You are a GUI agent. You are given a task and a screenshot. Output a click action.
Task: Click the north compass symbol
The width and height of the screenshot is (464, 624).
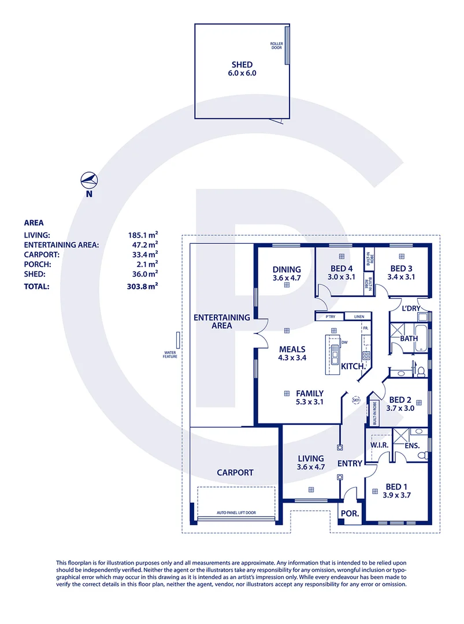pyautogui.click(x=89, y=181)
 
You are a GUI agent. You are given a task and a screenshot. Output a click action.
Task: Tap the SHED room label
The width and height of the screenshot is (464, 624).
pyautogui.click(x=242, y=65)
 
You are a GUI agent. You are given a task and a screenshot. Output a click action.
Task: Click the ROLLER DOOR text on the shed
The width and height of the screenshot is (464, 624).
pyautogui.click(x=276, y=46)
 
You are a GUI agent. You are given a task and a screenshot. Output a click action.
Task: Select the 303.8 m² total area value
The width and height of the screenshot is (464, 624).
pyautogui.click(x=143, y=285)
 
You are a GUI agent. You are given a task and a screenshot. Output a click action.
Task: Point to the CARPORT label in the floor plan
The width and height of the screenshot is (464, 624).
pyautogui.click(x=235, y=472)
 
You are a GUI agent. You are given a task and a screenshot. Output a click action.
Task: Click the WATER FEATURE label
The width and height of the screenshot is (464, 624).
pyautogui.click(x=170, y=354)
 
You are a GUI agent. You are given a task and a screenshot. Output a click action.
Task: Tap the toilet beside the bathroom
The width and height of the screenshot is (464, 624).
pyautogui.click(x=421, y=370)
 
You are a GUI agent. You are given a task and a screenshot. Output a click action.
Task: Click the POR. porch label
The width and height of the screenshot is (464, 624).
pyautogui.click(x=350, y=513)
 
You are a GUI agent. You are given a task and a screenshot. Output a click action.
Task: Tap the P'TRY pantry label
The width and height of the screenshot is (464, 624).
pyautogui.click(x=330, y=317)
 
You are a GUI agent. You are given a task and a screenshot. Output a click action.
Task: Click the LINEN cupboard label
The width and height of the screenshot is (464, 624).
pyautogui.click(x=358, y=317)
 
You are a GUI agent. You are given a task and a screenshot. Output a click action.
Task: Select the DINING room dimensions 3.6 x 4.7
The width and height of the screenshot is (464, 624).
pyautogui.click(x=287, y=278)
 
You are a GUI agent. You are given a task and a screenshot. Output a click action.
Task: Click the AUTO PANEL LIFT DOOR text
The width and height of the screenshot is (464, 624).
pyautogui.click(x=236, y=512)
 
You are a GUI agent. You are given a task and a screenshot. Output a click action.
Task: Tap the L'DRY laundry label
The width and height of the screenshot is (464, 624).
pyautogui.click(x=411, y=309)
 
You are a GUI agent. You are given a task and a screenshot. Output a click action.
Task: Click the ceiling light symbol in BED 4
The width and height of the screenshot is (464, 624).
pyautogui.click(x=341, y=255)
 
